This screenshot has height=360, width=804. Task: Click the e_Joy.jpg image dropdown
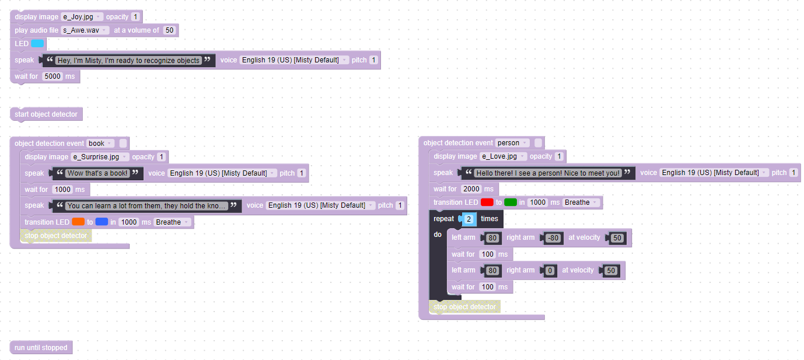82,17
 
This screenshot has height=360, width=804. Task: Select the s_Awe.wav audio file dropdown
85,30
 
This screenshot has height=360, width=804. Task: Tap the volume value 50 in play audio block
169,30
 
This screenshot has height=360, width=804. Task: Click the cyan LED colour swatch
37,44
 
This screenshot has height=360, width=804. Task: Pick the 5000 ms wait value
53,76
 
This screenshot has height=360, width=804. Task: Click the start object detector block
46,114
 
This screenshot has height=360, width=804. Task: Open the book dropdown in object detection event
100,144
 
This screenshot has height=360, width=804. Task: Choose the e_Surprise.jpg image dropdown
99,157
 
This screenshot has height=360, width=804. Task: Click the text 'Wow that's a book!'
97,173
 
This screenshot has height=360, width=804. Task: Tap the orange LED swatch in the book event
79,222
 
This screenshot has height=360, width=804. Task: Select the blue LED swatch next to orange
102,222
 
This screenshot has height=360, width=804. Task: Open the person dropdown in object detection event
512,143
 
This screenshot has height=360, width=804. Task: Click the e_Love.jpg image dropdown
504,156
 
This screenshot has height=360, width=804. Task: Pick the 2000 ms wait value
470,189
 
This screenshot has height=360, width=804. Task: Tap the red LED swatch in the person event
487,202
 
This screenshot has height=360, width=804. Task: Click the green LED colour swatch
511,202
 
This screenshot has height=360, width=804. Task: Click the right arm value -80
553,238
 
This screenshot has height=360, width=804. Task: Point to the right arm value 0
549,271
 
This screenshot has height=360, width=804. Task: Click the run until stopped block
41,348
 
